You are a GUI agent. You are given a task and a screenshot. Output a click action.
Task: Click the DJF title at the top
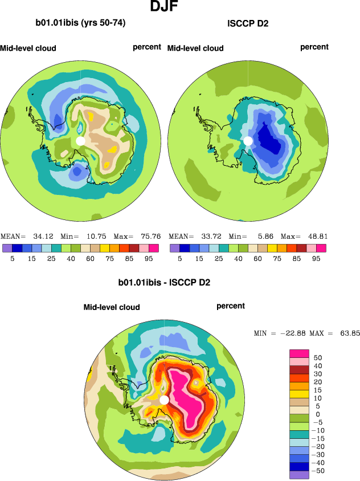[x=167, y=7]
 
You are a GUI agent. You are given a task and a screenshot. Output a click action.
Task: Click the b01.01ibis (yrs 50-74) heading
[x=80, y=23]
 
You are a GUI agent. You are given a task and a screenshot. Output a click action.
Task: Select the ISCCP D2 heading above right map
[x=248, y=23]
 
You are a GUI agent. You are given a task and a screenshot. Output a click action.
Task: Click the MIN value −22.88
[x=291, y=333]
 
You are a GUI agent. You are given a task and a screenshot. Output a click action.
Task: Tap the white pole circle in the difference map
[x=164, y=400]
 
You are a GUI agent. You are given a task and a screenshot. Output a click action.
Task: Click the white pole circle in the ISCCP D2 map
[x=248, y=141]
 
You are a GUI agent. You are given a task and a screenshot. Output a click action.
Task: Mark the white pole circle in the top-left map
[x=80, y=141]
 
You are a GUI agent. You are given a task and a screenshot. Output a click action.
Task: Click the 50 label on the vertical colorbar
[x=317, y=357]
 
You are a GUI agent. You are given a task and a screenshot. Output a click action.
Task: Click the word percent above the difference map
[x=231, y=306]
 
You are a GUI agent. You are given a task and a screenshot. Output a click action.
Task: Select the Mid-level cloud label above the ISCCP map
[x=195, y=48]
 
